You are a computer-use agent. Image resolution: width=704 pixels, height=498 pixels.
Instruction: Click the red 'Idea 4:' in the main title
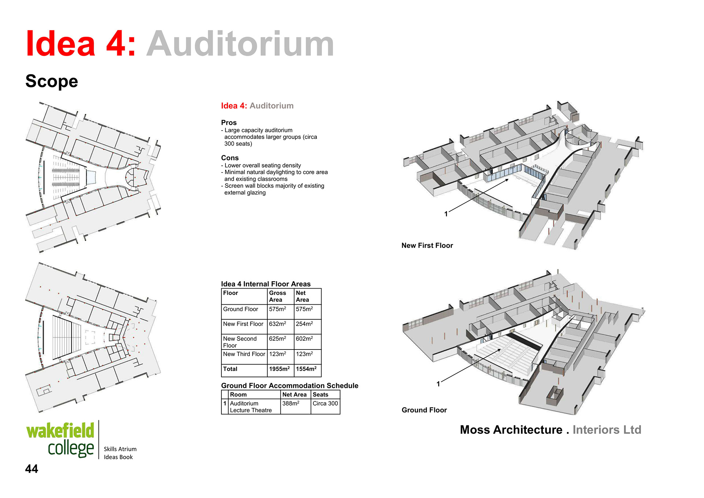click(81, 44)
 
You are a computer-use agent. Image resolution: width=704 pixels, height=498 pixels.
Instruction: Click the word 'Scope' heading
click(52, 81)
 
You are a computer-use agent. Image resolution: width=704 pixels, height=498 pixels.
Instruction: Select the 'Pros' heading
click(229, 122)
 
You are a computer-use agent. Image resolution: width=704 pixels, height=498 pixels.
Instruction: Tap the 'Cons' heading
click(230, 158)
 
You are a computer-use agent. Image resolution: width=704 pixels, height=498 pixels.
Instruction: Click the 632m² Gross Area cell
click(277, 324)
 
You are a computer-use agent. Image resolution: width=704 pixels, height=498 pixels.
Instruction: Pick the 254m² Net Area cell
click(304, 324)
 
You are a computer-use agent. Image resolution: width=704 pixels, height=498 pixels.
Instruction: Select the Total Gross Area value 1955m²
click(279, 369)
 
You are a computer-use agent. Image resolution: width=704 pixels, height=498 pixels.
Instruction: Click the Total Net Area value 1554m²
click(306, 369)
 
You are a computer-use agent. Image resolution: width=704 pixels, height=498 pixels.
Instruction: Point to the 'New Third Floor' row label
click(244, 354)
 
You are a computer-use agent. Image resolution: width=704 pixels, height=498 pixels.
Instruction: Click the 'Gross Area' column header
click(278, 296)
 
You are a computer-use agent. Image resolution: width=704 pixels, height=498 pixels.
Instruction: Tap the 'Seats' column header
click(320, 395)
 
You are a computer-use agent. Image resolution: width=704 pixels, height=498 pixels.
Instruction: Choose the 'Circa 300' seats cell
click(325, 403)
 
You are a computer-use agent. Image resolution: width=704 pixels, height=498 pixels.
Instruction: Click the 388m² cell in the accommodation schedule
click(291, 403)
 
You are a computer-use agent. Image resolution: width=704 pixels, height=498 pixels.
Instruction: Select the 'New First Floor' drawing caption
click(427, 246)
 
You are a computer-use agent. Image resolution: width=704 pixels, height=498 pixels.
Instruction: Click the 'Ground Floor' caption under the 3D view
click(424, 410)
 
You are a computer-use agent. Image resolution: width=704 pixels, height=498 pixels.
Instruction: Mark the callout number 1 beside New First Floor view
click(446, 214)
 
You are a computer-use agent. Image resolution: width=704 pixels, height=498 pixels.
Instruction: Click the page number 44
click(32, 469)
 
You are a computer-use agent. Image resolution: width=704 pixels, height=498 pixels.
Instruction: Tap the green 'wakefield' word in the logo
click(60, 431)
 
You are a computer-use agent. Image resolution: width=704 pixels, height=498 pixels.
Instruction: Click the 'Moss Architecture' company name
click(511, 430)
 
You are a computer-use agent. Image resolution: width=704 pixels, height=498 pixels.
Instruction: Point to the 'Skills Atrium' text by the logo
click(120, 449)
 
